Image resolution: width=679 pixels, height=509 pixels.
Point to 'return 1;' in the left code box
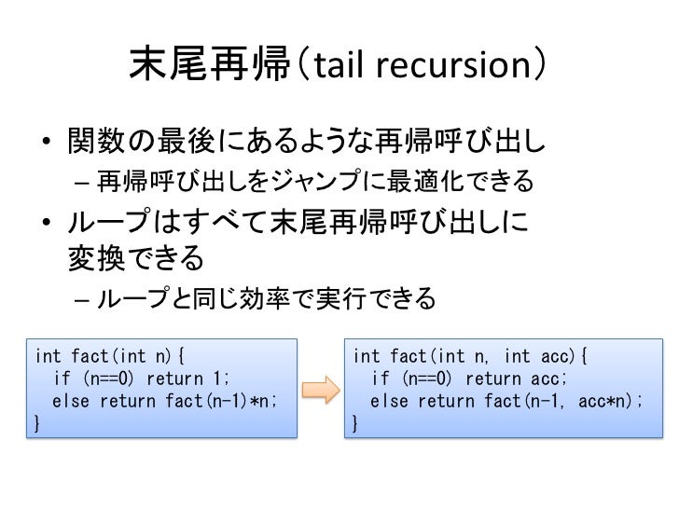click(x=186, y=378)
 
